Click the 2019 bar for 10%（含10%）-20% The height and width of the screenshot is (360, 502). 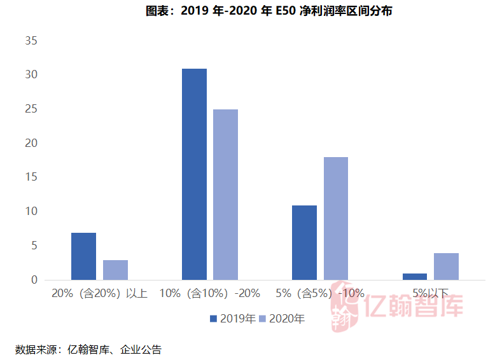[x=194, y=174]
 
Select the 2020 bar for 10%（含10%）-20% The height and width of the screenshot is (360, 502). [x=225, y=195]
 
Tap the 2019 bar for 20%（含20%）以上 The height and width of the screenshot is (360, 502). [x=83, y=256]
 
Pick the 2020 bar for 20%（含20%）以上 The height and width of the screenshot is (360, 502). [x=115, y=270]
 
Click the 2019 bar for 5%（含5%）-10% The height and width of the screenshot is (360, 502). [x=304, y=242]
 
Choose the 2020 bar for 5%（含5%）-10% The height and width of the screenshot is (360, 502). [x=335, y=218]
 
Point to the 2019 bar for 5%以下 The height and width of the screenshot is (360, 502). [x=415, y=277]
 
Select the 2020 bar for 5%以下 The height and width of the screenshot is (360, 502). [x=446, y=267]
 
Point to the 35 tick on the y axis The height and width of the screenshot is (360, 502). [x=31, y=41]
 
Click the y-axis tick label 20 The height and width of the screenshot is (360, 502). [x=31, y=144]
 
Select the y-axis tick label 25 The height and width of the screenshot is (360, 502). [x=31, y=109]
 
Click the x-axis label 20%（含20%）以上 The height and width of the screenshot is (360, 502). [x=99, y=294]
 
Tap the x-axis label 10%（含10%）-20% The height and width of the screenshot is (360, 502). [x=209, y=294]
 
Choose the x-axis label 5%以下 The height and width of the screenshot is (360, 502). [x=430, y=294]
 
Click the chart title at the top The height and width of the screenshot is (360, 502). [x=251, y=11]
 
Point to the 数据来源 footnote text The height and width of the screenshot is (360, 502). [x=88, y=349]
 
